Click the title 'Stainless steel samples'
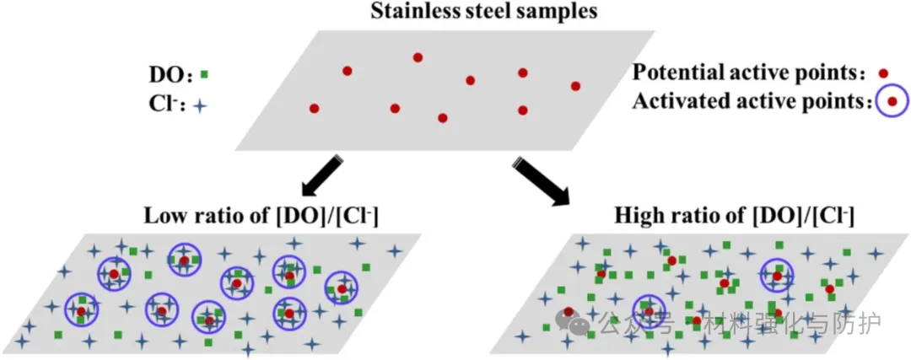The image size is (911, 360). [x=456, y=12]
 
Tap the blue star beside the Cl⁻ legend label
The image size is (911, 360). [x=200, y=107]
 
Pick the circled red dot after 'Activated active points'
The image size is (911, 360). [x=890, y=103]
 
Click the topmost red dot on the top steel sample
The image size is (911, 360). [x=418, y=57]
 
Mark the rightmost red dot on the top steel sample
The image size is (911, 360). [x=576, y=86]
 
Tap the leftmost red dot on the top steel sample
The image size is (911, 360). [x=314, y=108]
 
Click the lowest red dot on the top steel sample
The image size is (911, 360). [x=443, y=117]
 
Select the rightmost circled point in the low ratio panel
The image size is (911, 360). [x=342, y=289]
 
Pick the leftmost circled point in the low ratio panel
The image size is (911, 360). [x=81, y=311]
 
